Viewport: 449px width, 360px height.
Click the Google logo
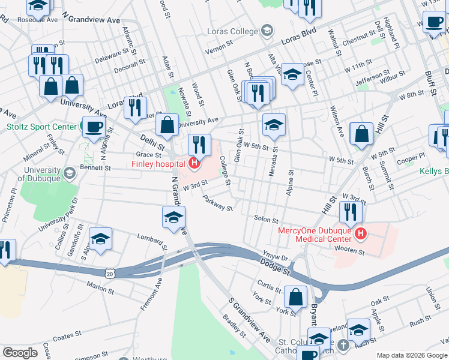click(20, 353)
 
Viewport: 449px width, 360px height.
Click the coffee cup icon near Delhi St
click(93, 128)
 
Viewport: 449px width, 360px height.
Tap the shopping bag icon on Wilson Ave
click(362, 135)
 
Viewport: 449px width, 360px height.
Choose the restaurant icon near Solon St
click(349, 212)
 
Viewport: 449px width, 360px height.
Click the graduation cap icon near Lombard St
click(101, 239)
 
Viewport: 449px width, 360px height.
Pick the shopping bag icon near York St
click(296, 296)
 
